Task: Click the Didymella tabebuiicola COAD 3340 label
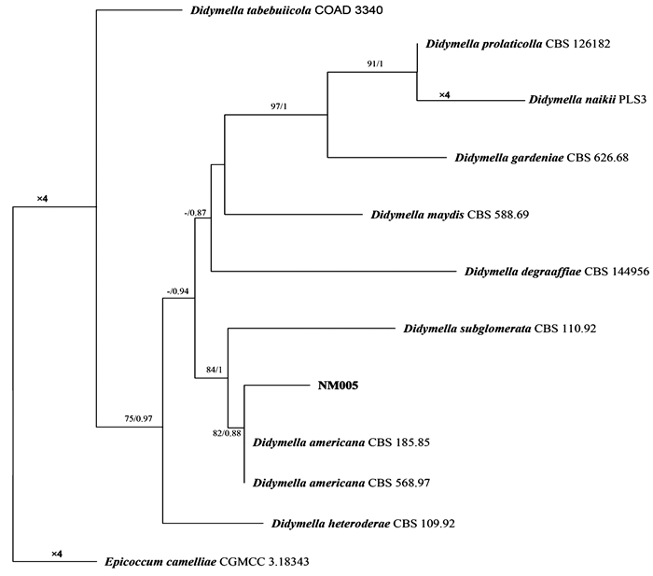tap(281, 12)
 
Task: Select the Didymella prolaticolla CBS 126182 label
tap(518, 43)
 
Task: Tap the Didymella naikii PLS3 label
tap(585, 99)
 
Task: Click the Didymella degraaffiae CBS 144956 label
tap(556, 272)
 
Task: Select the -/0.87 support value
tap(198, 214)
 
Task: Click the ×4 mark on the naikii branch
tap(446, 94)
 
